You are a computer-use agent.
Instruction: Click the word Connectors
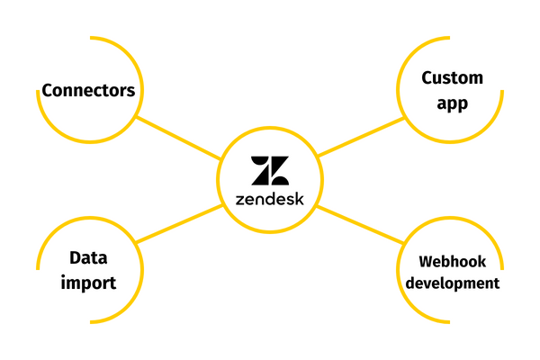click(x=88, y=90)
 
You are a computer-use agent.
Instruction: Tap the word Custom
click(x=453, y=78)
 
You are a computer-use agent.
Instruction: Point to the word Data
click(x=88, y=257)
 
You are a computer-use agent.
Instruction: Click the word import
click(x=88, y=283)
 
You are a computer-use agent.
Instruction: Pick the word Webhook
click(x=452, y=262)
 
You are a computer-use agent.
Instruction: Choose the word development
click(x=452, y=283)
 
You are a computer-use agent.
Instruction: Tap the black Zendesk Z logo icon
click(x=270, y=170)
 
